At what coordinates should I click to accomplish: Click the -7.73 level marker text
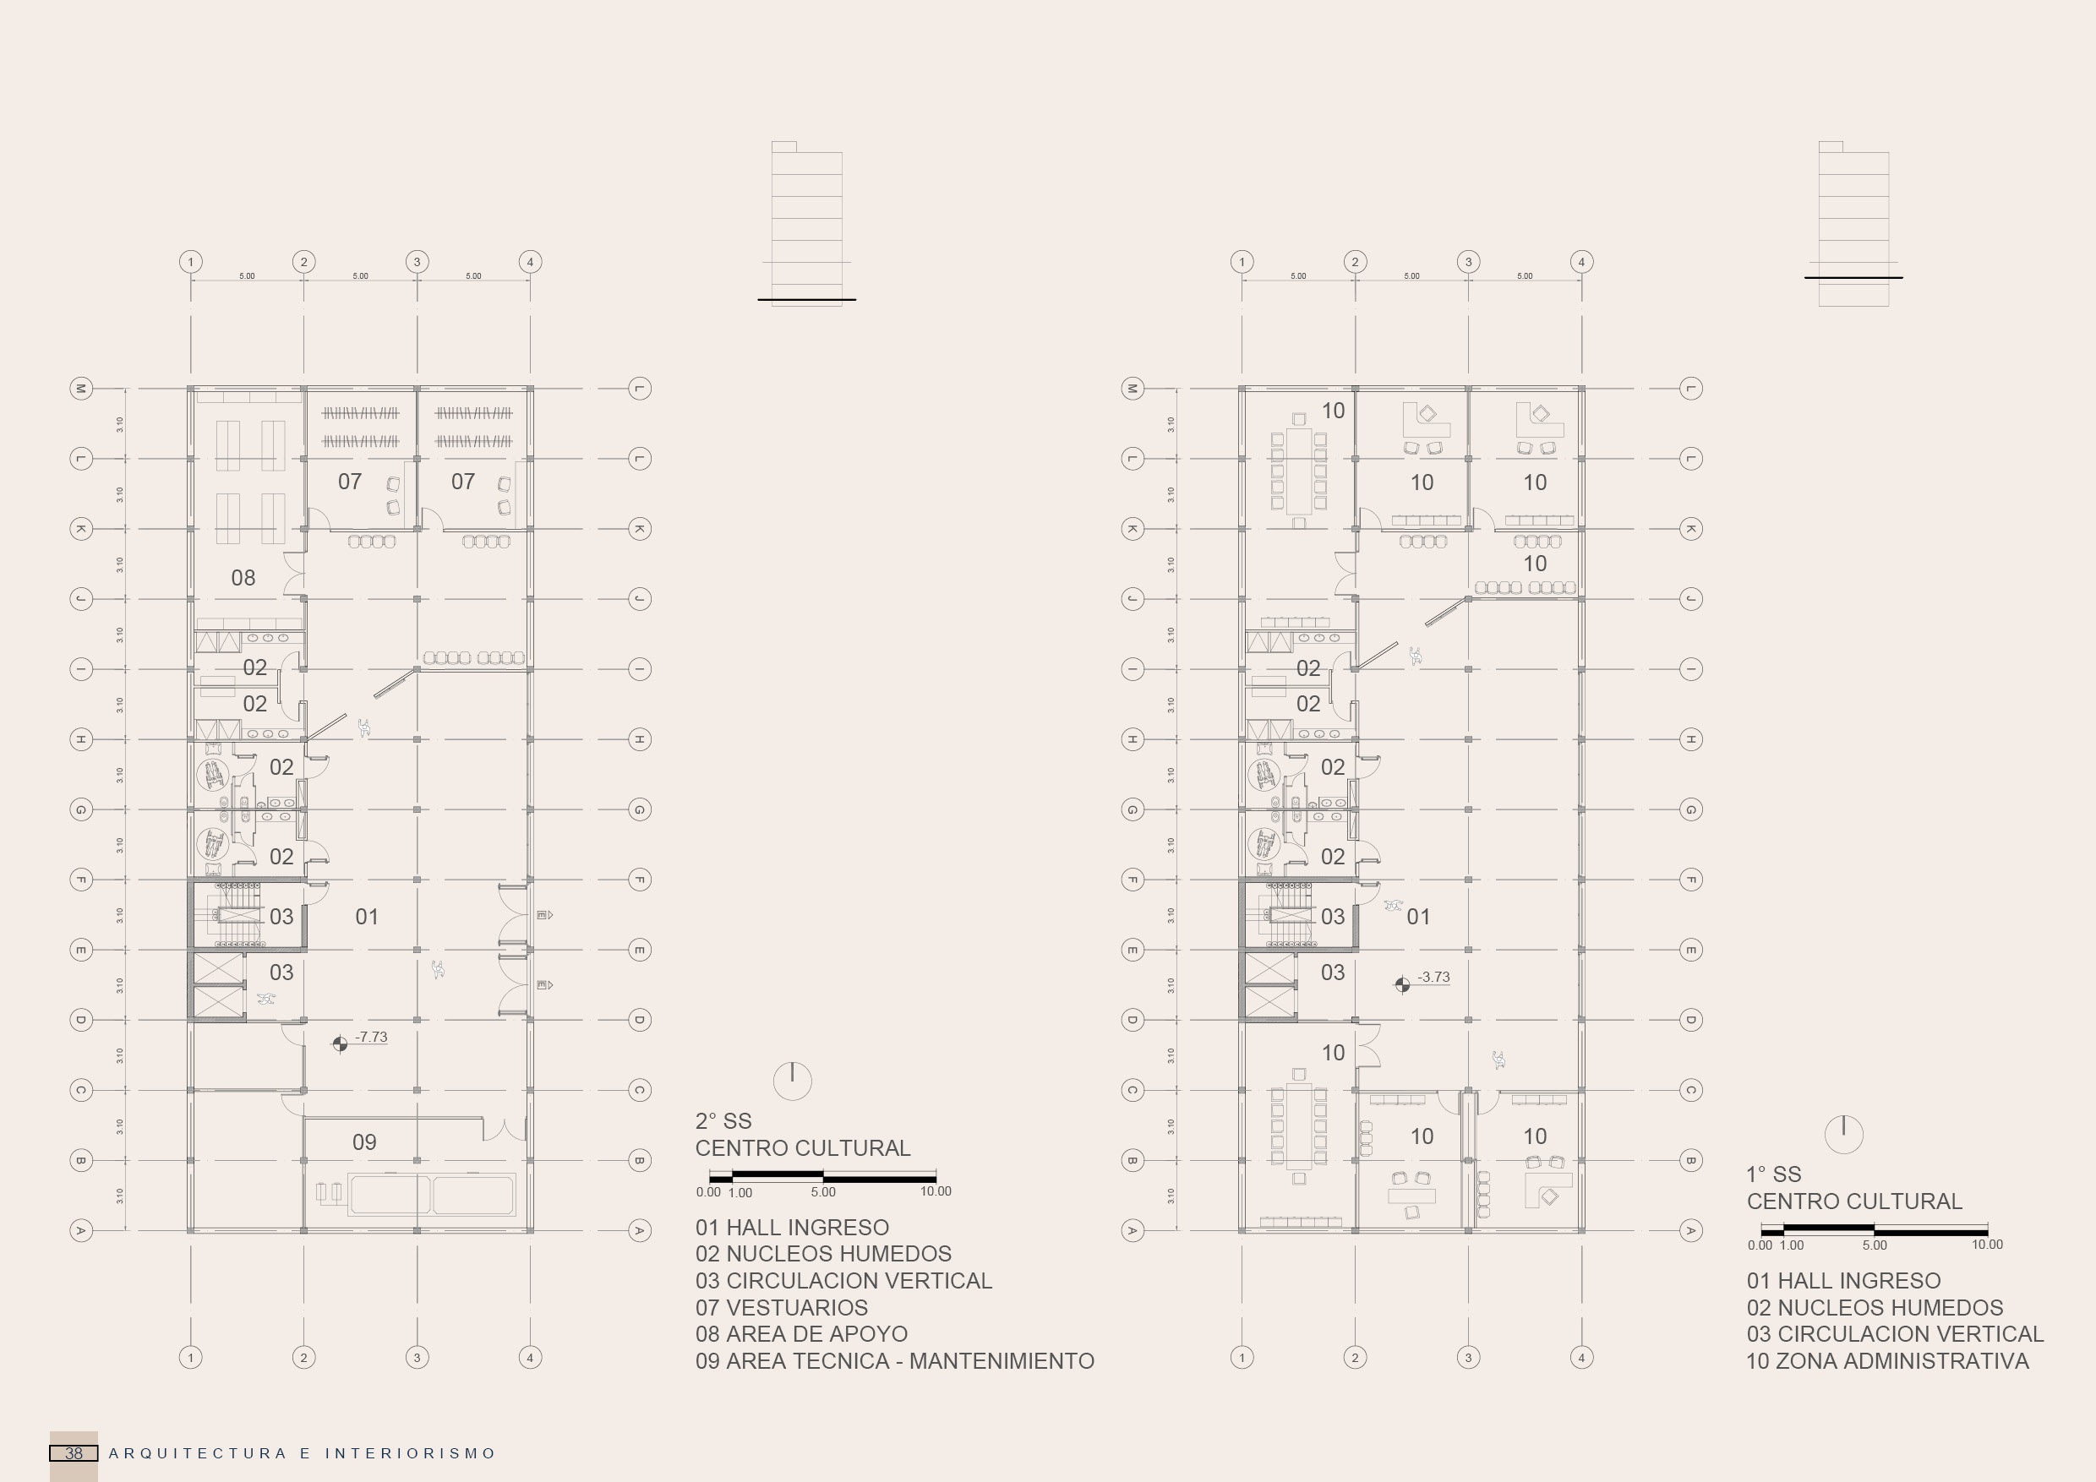click(371, 1037)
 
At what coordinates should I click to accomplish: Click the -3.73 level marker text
click(1433, 977)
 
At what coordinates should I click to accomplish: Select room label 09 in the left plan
click(364, 1141)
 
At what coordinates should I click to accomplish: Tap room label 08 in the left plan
click(243, 578)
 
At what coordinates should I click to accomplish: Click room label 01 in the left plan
click(367, 916)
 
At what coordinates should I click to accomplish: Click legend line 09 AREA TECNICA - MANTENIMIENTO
click(895, 1360)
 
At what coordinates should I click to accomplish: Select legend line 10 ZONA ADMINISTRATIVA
click(1887, 1360)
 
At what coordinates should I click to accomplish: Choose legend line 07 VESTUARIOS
click(782, 1308)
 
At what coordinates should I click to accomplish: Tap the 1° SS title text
click(1774, 1174)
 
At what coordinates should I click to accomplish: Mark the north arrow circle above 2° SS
click(793, 1081)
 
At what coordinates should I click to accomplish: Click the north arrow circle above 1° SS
click(1843, 1135)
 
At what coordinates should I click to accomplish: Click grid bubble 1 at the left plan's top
click(191, 262)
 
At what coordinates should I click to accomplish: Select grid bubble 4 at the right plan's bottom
click(1581, 1357)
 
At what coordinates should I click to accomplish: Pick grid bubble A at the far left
click(81, 1230)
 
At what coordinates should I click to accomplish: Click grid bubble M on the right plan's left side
click(1132, 388)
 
